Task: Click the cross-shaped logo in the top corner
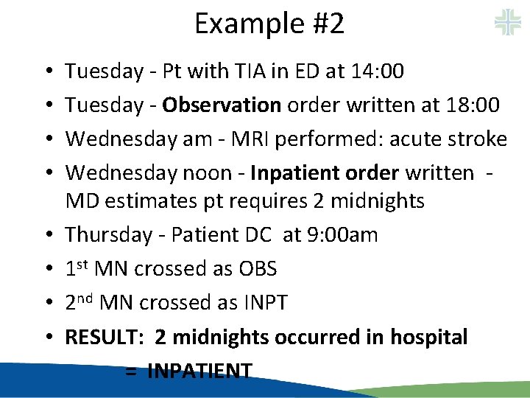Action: [508, 21]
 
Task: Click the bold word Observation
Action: [222, 105]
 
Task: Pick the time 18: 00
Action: [473, 105]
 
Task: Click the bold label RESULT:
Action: [105, 338]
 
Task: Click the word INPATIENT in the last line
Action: [199, 371]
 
